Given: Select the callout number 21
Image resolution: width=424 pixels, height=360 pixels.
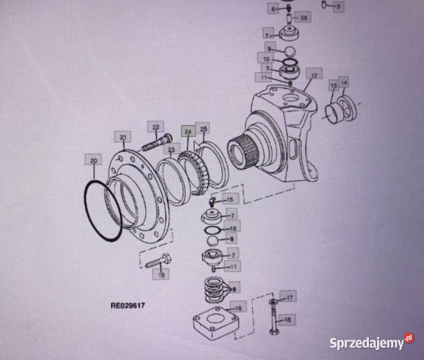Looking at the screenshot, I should pyautogui.click(x=122, y=136).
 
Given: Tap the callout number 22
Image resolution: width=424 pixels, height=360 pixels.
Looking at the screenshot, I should pyautogui.click(x=155, y=127).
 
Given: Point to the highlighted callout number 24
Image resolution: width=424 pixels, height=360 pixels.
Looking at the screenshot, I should pyautogui.click(x=188, y=132).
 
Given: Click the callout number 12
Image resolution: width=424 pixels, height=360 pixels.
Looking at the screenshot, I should pyautogui.click(x=314, y=76).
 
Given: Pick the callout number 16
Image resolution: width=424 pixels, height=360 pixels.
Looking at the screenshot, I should pyautogui.click(x=238, y=308).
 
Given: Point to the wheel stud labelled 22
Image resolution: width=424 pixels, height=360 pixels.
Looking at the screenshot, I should pyautogui.click(x=156, y=142).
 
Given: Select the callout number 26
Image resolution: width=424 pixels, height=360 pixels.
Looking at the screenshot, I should pyautogui.click(x=304, y=18).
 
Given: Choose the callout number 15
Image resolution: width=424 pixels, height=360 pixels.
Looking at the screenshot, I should pyautogui.click(x=230, y=199).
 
